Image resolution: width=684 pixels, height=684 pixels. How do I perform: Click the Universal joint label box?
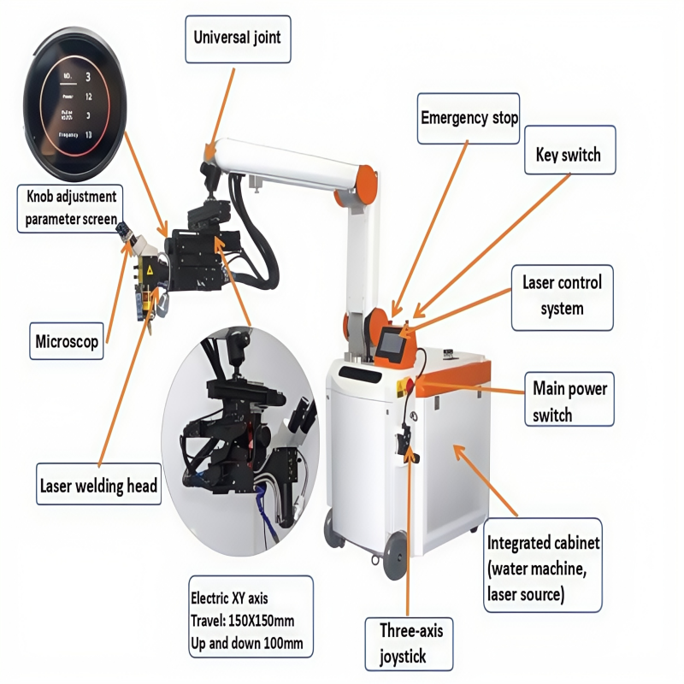point(237,38)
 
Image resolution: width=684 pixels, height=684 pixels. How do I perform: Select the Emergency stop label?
point(469,117)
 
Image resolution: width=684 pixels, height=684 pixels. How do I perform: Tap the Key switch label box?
point(568,155)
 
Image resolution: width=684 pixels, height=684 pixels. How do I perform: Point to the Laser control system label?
point(562,295)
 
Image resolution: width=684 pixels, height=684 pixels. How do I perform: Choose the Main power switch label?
point(569,401)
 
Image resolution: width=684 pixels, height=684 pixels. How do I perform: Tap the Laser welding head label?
point(99,486)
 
